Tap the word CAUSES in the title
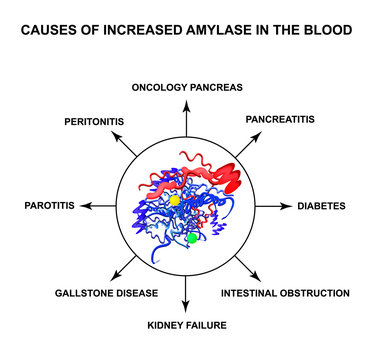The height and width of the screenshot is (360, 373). (x=56, y=30)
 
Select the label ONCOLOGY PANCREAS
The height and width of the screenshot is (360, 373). (x=186, y=85)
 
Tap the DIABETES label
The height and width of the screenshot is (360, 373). (x=321, y=206)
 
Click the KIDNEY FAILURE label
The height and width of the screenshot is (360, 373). (x=186, y=324)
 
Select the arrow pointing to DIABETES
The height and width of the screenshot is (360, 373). (x=272, y=206)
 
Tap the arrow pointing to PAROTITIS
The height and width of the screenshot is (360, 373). (x=98, y=206)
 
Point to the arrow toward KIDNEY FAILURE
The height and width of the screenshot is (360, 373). (x=186, y=293)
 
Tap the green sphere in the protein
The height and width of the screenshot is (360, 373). (x=192, y=238)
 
